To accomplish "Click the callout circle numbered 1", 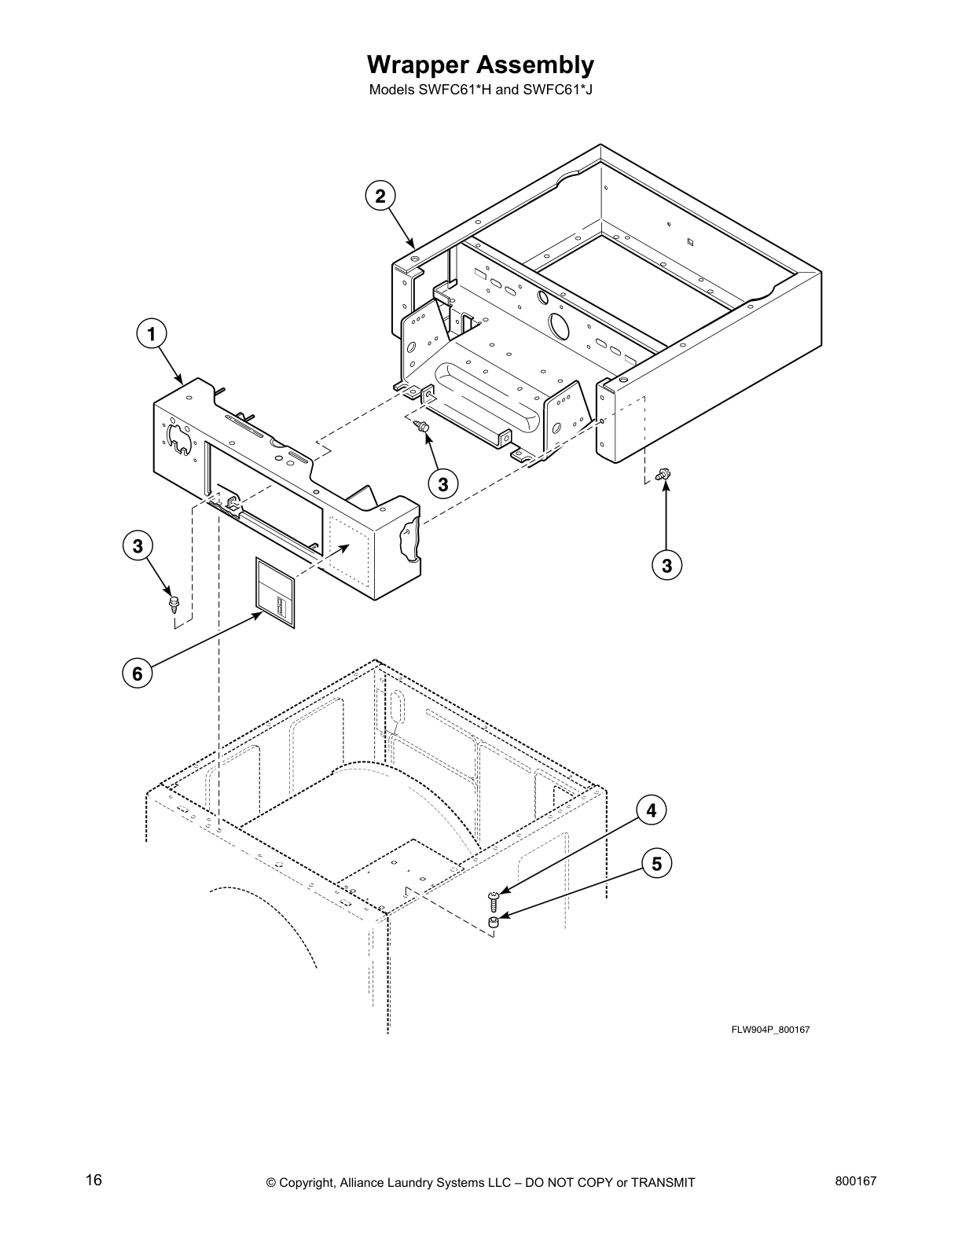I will (152, 333).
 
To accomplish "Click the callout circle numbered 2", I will (380, 196).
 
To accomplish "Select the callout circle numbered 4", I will (651, 810).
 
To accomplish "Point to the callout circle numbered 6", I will (138, 674).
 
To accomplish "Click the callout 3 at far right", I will (666, 564).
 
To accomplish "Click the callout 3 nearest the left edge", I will (138, 545).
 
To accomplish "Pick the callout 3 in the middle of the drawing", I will (443, 484).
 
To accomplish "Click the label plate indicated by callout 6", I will (274, 593).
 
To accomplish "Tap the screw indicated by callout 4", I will (494, 898).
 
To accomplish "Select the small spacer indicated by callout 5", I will (493, 923).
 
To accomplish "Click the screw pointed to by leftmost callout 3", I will (173, 604).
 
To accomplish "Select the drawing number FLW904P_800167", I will (770, 1029).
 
